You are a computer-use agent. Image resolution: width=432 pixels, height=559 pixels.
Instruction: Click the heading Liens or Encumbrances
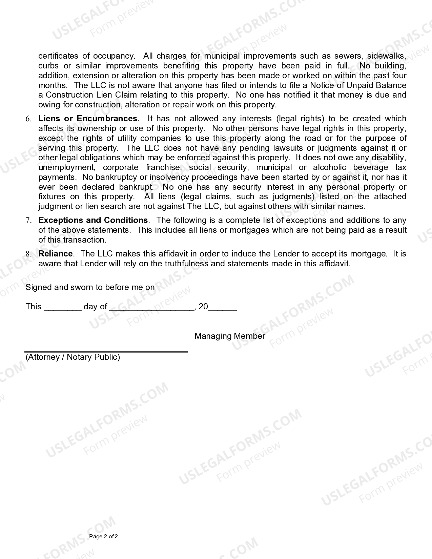pyautogui.click(x=89, y=119)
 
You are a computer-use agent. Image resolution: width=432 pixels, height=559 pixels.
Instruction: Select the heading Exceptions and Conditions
pyautogui.click(x=93, y=220)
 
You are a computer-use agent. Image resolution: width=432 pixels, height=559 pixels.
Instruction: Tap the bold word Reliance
pyautogui.click(x=56, y=254)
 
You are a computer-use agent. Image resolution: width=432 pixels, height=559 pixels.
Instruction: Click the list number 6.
pyautogui.click(x=28, y=119)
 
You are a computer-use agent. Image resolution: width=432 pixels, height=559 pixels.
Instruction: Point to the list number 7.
pyautogui.click(x=28, y=221)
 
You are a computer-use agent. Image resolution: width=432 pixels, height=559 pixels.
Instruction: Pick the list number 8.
pyautogui.click(x=28, y=254)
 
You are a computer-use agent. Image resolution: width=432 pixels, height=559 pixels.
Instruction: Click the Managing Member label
pyautogui.click(x=230, y=336)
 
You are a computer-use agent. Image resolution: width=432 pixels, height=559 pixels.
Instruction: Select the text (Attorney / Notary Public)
pyautogui.click(x=73, y=357)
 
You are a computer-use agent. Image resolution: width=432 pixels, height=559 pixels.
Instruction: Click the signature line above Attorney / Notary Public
pyautogui.click(x=106, y=352)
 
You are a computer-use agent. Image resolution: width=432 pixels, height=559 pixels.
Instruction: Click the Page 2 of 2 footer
pyautogui.click(x=103, y=537)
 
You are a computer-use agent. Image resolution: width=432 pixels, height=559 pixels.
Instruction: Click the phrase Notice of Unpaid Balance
pyautogui.click(x=358, y=85)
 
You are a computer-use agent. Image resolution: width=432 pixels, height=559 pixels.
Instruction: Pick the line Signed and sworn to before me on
pyautogui.click(x=90, y=287)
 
